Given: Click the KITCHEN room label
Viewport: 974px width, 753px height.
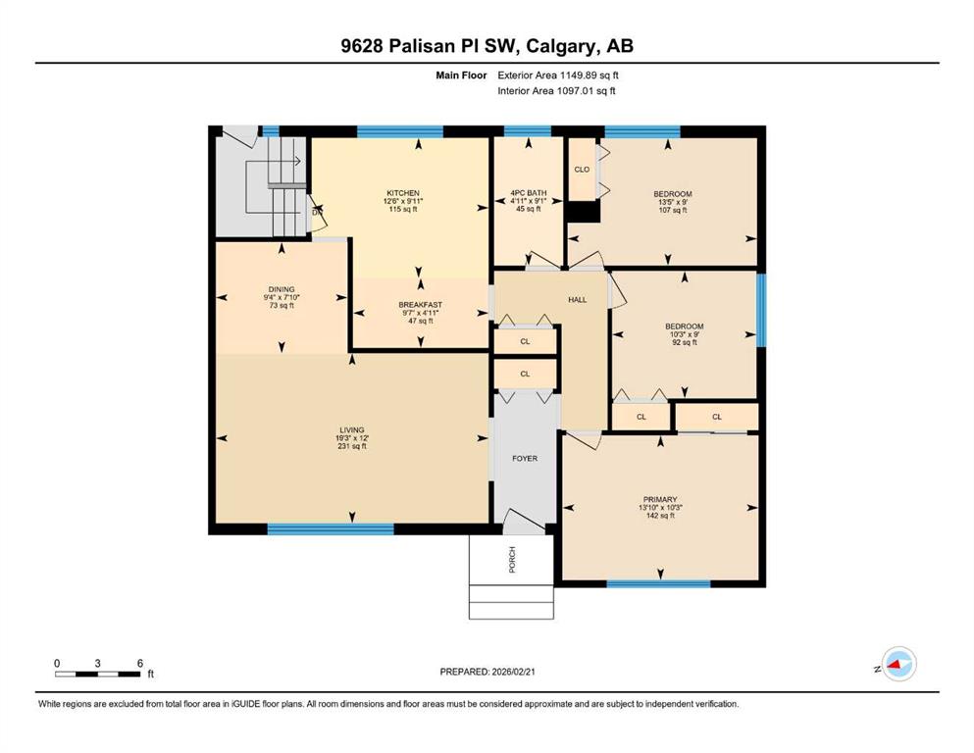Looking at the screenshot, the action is [x=403, y=193].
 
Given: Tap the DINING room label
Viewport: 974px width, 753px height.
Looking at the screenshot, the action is [x=282, y=289].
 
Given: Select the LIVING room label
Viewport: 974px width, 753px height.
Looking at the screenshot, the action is [x=351, y=429].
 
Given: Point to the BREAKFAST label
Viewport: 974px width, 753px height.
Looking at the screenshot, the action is [x=421, y=305].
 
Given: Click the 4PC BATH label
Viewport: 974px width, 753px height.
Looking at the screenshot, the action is [x=529, y=193].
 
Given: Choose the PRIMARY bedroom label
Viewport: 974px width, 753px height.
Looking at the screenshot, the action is [x=660, y=499].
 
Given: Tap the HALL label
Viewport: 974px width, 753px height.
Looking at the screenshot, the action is [x=577, y=299].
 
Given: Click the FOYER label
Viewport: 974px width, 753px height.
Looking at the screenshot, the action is [x=525, y=458].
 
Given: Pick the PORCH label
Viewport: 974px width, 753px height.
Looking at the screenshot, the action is [x=512, y=559].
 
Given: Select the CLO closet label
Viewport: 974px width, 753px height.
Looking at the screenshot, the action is [x=582, y=169].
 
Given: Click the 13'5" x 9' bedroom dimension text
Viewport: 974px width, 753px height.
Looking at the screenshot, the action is [x=673, y=202].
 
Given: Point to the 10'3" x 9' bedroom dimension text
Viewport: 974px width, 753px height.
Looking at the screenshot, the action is [x=685, y=334].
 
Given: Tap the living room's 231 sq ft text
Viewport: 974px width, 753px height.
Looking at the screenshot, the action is [x=351, y=446].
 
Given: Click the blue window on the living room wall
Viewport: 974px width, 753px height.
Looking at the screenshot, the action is [x=331, y=528].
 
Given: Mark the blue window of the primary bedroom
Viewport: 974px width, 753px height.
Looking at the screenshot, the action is [x=658, y=583].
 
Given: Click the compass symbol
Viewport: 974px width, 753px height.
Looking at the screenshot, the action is [x=898, y=664].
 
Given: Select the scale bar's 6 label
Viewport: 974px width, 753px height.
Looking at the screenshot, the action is [x=139, y=663].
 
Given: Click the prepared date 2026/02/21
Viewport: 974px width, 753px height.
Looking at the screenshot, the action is [x=513, y=672].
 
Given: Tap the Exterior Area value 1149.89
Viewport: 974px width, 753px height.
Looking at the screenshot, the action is [x=579, y=75].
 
